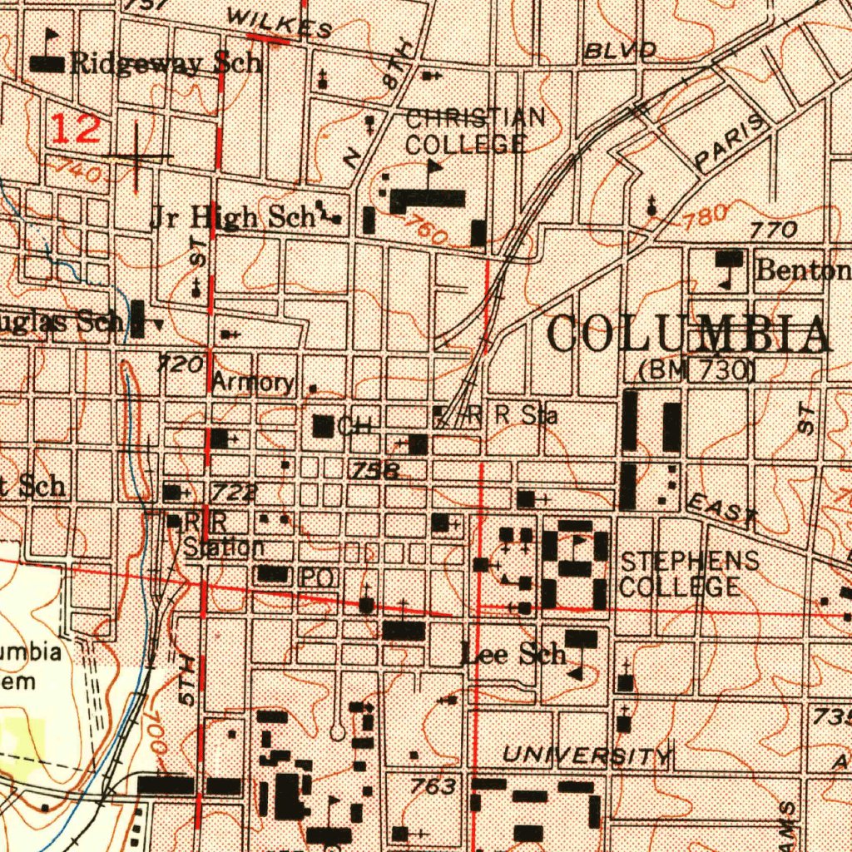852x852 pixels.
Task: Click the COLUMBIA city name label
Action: click(688, 335)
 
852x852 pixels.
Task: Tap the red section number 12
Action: click(77, 129)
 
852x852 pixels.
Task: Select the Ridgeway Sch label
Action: click(166, 63)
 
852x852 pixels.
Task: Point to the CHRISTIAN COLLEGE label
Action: click(474, 131)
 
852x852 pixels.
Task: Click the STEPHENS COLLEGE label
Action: click(689, 573)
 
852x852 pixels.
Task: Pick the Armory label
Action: click(252, 382)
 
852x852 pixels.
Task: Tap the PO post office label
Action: click(316, 577)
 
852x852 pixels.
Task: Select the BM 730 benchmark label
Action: click(696, 370)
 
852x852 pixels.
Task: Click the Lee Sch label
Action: click(513, 654)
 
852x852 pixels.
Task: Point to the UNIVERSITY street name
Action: click(587, 755)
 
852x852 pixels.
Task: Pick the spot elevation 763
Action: click(433, 785)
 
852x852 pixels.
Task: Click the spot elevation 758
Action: click(374, 471)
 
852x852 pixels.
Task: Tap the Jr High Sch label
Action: click(231, 217)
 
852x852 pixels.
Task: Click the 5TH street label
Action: click(190, 680)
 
